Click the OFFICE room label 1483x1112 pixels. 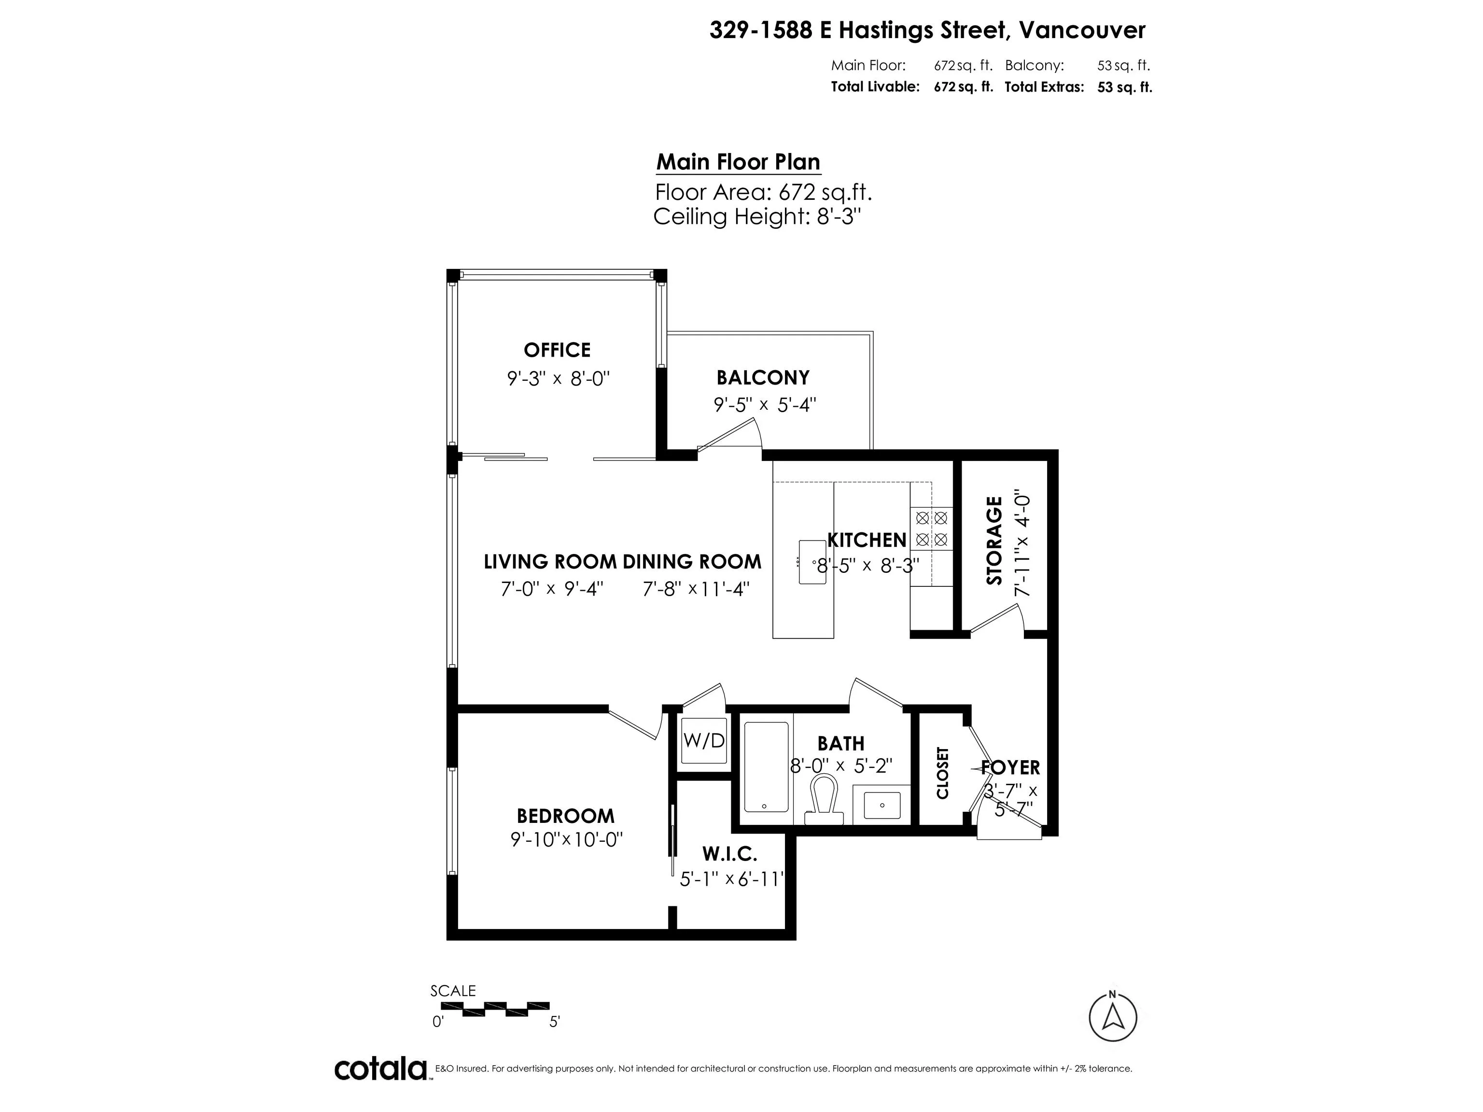pyautogui.click(x=557, y=350)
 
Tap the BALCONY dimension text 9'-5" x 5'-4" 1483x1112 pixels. pyautogui.click(x=764, y=405)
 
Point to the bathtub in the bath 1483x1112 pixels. pyautogui.click(x=766, y=767)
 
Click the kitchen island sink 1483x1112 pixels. pyautogui.click(x=812, y=562)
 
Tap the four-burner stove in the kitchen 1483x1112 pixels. pyautogui.click(x=931, y=528)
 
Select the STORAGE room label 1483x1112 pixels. pyautogui.click(x=994, y=540)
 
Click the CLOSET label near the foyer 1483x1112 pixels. pyautogui.click(x=943, y=772)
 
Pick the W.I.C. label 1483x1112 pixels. pyautogui.click(x=729, y=854)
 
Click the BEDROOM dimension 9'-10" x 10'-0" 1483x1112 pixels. pyautogui.click(x=567, y=839)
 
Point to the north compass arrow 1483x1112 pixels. pyautogui.click(x=1112, y=1017)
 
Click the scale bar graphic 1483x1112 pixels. pyautogui.click(x=495, y=1008)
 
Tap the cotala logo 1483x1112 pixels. pyautogui.click(x=380, y=1069)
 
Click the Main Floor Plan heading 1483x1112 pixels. pyautogui.click(x=738, y=162)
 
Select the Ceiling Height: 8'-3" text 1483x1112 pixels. pyautogui.click(x=756, y=217)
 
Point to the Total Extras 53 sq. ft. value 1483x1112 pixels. pyautogui.click(x=1124, y=87)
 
